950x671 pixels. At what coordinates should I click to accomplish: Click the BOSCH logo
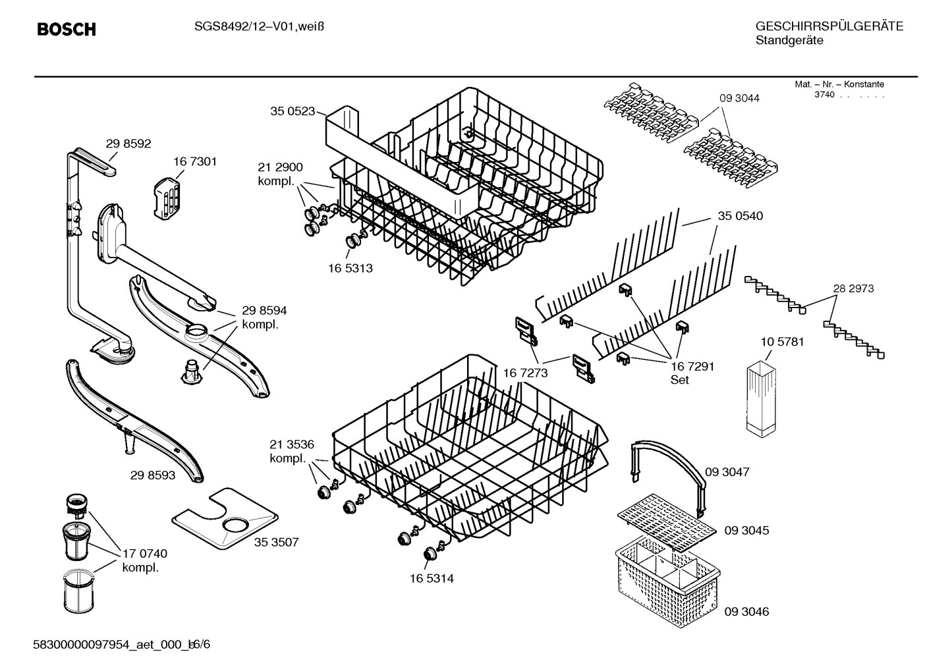pyautogui.click(x=67, y=30)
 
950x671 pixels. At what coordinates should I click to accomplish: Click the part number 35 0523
pyautogui.click(x=292, y=111)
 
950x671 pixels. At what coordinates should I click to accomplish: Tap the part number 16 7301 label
pyautogui.click(x=195, y=161)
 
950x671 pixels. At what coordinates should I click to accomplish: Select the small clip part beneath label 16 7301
pyautogui.click(x=167, y=196)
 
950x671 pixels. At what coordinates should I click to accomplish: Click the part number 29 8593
pyautogui.click(x=153, y=474)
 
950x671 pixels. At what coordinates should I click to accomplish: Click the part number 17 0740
pyautogui.click(x=144, y=554)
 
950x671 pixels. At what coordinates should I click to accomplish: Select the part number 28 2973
pyautogui.click(x=853, y=288)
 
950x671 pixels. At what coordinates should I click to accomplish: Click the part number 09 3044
pyautogui.click(x=739, y=98)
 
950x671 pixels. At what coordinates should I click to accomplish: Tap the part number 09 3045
pyautogui.click(x=746, y=530)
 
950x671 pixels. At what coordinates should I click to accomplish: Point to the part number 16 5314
pyautogui.click(x=432, y=578)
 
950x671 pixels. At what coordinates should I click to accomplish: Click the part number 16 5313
pyautogui.click(x=350, y=268)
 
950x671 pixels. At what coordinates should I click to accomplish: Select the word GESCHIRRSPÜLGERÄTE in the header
pyautogui.click(x=829, y=26)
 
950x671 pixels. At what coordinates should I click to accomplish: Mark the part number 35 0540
pyautogui.click(x=740, y=216)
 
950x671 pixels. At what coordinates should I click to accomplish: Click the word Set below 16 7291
pyautogui.click(x=679, y=380)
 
